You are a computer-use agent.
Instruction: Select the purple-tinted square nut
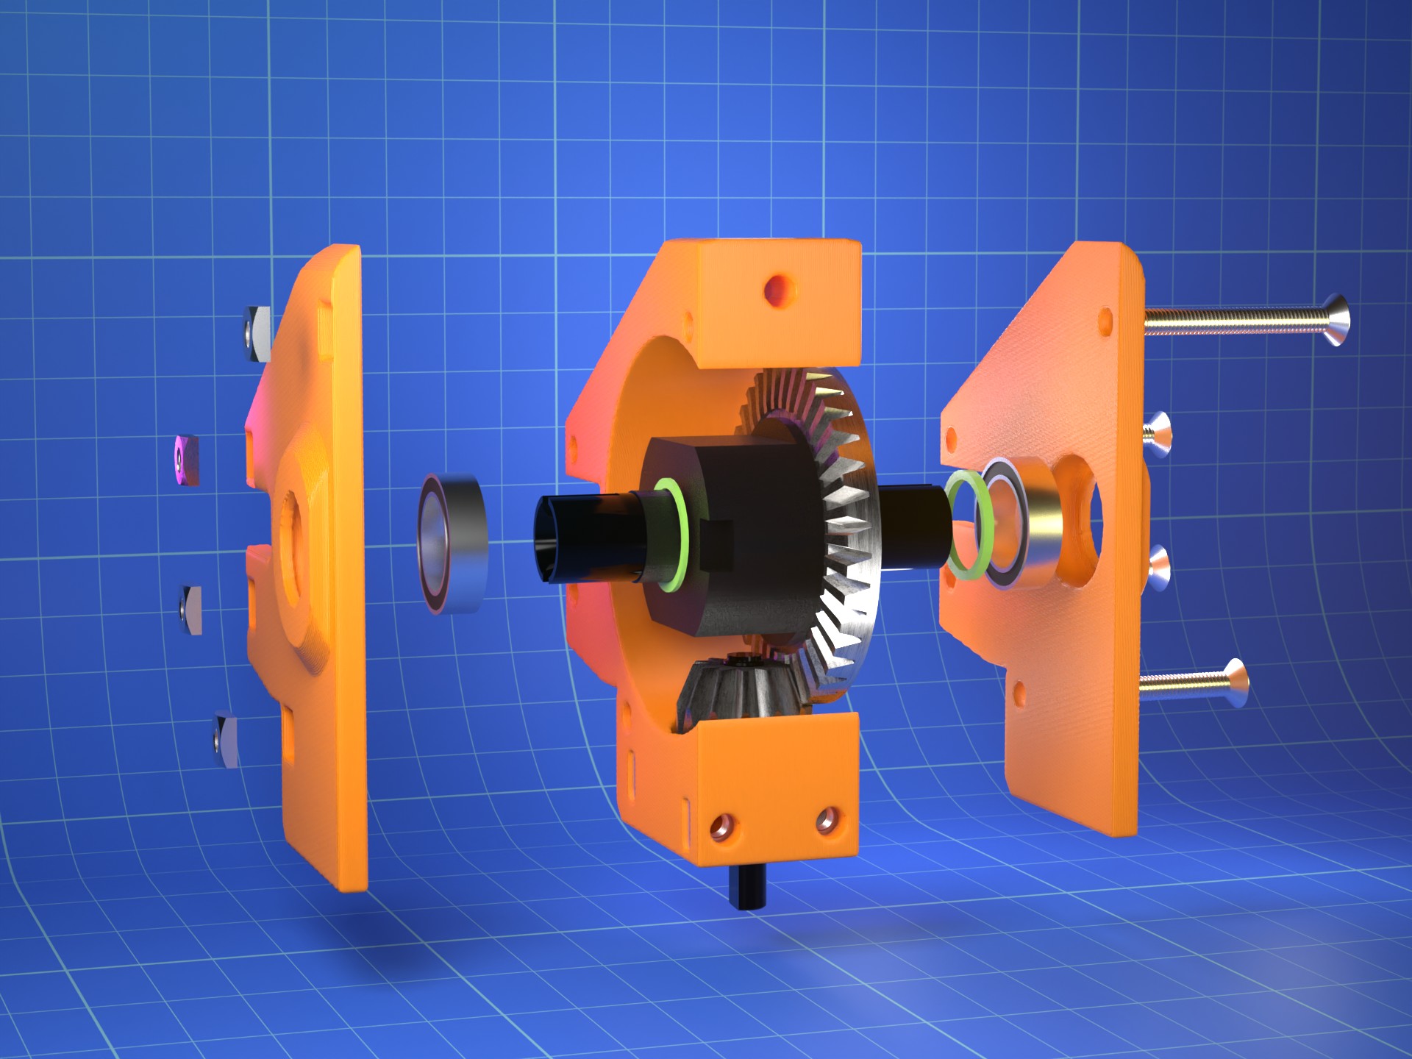[188, 460]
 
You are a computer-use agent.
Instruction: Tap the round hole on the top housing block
[778, 289]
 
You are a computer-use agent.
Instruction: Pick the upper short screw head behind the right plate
[1157, 434]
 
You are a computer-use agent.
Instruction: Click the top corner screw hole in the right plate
[1104, 321]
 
